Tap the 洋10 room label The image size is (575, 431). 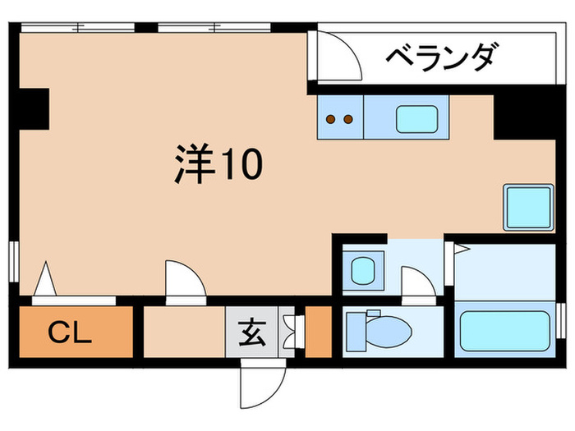coord(218,165)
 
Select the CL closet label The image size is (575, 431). coord(69,332)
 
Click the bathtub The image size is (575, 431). coord(504,332)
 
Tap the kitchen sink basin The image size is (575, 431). coord(419,118)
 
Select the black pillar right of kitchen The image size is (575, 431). coord(516,115)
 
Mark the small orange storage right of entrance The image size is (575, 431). coord(317,332)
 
